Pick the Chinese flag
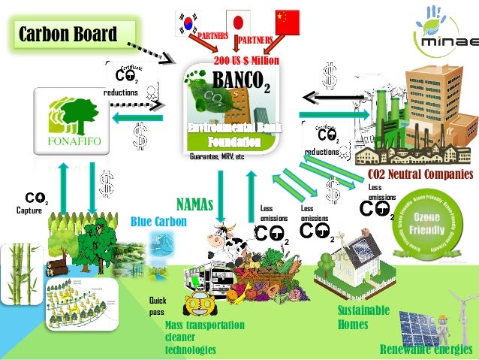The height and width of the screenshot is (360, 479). (287, 22)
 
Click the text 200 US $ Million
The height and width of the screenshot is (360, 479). (246, 60)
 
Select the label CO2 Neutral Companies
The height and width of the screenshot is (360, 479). (420, 174)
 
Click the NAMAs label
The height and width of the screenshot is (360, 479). (194, 204)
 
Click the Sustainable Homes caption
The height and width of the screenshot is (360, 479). (363, 317)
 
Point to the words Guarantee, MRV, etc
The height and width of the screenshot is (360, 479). (217, 157)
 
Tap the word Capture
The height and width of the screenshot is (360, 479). (29, 210)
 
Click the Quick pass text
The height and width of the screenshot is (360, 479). (156, 306)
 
